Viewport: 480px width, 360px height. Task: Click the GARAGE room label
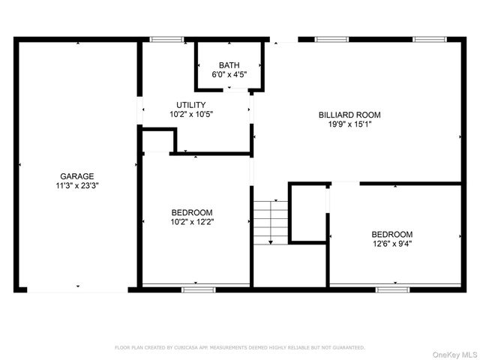click(x=77, y=176)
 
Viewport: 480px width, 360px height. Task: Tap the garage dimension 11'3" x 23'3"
click(x=77, y=185)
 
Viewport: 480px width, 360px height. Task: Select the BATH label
click(x=229, y=65)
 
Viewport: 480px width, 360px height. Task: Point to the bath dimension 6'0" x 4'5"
click(x=229, y=74)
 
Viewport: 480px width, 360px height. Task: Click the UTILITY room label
click(x=190, y=105)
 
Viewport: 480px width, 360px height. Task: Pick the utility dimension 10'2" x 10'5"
click(x=190, y=115)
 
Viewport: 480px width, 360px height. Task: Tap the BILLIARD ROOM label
click(x=349, y=115)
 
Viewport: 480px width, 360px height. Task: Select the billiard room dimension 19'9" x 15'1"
click(x=349, y=124)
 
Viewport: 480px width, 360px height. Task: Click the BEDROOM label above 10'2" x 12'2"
click(x=192, y=212)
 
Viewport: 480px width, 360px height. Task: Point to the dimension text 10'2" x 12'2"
click(x=192, y=222)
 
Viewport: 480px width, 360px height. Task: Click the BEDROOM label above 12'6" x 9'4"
click(x=391, y=234)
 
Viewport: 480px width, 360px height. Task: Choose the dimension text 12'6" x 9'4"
click(x=391, y=243)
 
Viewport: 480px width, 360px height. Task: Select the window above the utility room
click(x=166, y=39)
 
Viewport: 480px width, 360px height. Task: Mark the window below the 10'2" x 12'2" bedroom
click(x=193, y=289)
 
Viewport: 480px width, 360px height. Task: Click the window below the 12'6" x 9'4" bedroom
click(x=391, y=289)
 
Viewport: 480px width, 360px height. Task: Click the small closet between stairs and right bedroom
click(x=307, y=213)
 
